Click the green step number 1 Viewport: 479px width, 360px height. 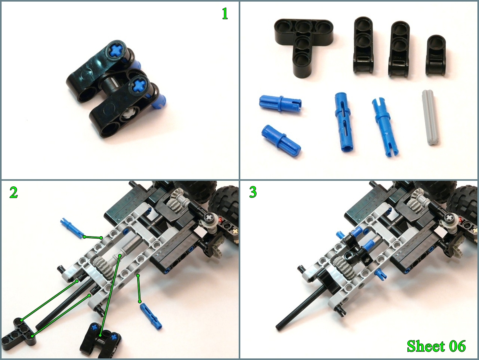coord(225,14)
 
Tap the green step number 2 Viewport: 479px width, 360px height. coord(14,192)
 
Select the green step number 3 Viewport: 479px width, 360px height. coord(253,192)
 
